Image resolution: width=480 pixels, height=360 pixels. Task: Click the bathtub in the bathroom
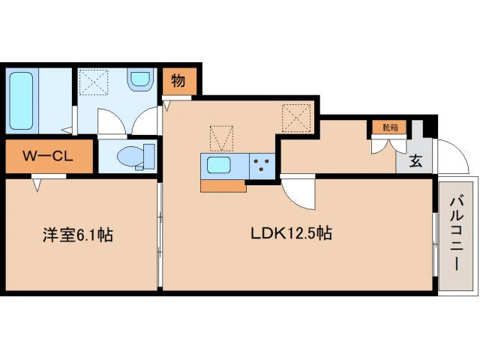tap(20, 100)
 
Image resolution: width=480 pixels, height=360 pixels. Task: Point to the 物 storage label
tap(178, 80)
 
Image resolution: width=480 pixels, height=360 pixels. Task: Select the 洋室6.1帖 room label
tap(76, 235)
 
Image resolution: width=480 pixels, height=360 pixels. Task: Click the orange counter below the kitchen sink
tap(223, 185)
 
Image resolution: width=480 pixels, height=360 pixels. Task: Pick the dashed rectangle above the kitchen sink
tap(220, 136)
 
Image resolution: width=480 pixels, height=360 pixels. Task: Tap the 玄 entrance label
tap(415, 160)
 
